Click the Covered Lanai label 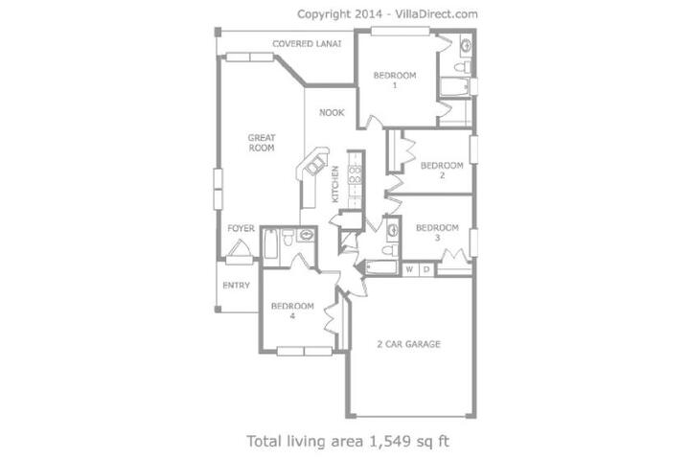point(307,44)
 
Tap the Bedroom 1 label point(395,80)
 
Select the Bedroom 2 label point(442,171)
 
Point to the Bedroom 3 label point(437,233)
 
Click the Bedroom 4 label point(292,310)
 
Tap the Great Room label point(262,143)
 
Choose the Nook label point(332,113)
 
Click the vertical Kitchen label point(335,184)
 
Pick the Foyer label point(241,228)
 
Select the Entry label point(237,286)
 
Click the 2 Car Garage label point(409,344)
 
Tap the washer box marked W point(410,269)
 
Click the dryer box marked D point(425,269)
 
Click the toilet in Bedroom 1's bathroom point(462,67)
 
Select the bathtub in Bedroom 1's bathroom point(454,86)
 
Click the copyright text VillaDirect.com point(437,14)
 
